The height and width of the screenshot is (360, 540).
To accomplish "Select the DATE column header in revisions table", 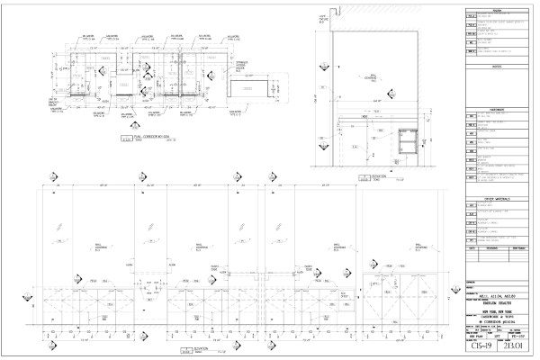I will (471, 249).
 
